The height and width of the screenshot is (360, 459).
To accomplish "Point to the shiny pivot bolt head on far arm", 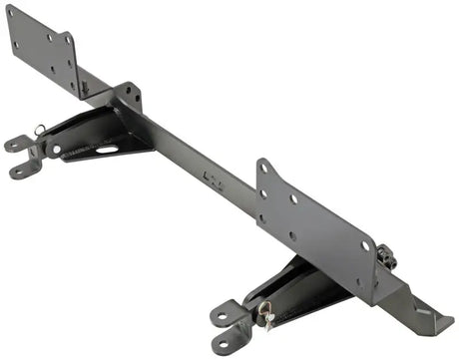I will point(56,150).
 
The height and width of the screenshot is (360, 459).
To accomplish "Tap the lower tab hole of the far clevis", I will point(20,172).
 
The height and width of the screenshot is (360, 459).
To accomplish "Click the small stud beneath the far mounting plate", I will point(84,88).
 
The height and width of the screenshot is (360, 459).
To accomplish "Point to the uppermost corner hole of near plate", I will point(262,171).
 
